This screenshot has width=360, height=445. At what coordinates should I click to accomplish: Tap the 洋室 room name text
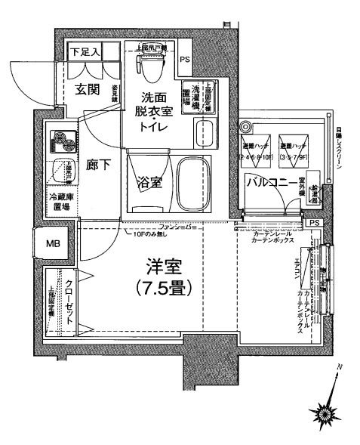pos(162,267)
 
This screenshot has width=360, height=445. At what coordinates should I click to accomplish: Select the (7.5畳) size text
pos(162,288)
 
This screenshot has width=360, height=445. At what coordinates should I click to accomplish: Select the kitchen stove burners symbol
pos(60,142)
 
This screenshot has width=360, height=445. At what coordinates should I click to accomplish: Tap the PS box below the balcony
pos(314,223)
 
